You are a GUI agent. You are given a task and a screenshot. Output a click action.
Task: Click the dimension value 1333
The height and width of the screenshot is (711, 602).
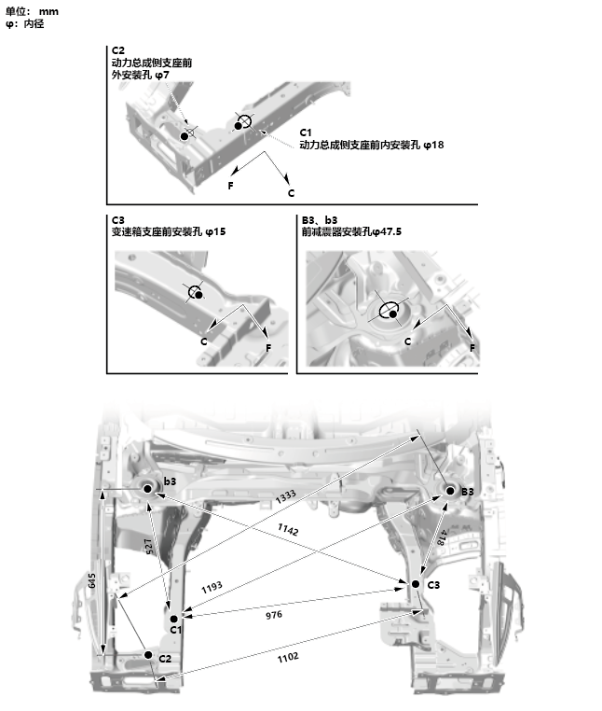click(287, 497)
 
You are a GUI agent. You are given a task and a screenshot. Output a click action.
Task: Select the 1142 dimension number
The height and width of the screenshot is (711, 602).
click(288, 530)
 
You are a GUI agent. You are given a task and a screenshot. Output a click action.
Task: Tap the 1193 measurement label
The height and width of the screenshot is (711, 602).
click(212, 588)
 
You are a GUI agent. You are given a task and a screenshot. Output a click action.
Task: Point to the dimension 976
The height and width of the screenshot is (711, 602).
click(273, 615)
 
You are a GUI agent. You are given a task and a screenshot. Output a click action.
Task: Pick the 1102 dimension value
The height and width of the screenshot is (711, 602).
click(288, 657)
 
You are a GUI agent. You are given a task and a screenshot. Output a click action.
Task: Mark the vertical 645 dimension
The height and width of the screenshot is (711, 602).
click(92, 580)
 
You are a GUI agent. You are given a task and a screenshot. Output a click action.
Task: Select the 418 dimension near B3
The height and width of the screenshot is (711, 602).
click(440, 537)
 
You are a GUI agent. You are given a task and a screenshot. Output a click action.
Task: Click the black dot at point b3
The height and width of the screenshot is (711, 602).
click(147, 487)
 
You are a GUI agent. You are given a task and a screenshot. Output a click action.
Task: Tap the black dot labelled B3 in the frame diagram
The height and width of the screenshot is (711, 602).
click(449, 490)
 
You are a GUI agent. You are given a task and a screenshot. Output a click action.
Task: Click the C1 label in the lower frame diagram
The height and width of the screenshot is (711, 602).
click(175, 631)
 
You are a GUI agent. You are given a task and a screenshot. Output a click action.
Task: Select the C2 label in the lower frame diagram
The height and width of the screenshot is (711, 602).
click(165, 658)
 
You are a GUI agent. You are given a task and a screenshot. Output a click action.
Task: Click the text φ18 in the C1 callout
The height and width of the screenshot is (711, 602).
click(432, 145)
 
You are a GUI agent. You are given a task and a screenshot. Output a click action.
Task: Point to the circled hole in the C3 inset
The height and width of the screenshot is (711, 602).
click(196, 292)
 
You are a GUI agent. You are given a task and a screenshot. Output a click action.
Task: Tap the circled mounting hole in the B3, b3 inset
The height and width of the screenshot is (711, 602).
click(391, 312)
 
